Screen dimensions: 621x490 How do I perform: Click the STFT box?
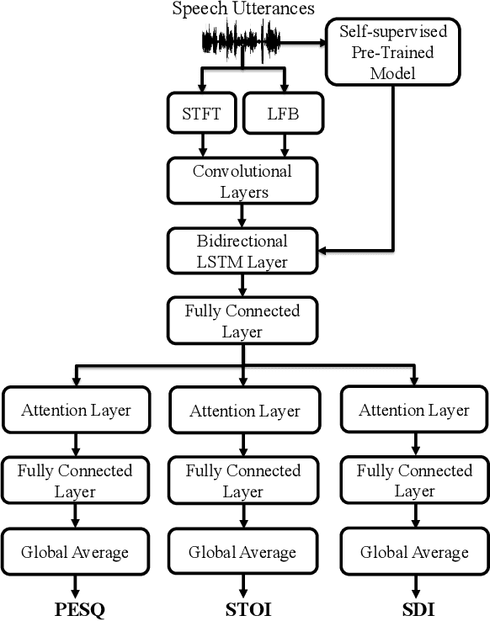pos(202,114)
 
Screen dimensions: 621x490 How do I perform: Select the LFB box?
pos(285,114)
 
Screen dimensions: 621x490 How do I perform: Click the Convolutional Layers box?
pos(242,182)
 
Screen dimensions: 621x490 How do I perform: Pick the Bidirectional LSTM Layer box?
pos(242,251)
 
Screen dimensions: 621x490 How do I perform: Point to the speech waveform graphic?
pos(241,40)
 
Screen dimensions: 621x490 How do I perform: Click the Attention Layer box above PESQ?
pos(77,411)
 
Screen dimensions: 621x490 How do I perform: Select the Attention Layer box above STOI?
pos(244,411)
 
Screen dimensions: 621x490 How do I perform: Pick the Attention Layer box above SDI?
pos(414,411)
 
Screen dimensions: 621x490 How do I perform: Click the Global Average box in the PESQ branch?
pos(77,552)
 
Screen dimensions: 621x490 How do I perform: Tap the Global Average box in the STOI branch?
pos(242,553)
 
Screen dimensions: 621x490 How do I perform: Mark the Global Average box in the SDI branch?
pos(414,553)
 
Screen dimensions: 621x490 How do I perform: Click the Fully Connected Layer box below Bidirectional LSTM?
pos(242,321)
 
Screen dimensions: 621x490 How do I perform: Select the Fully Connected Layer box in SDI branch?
pos(414,480)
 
